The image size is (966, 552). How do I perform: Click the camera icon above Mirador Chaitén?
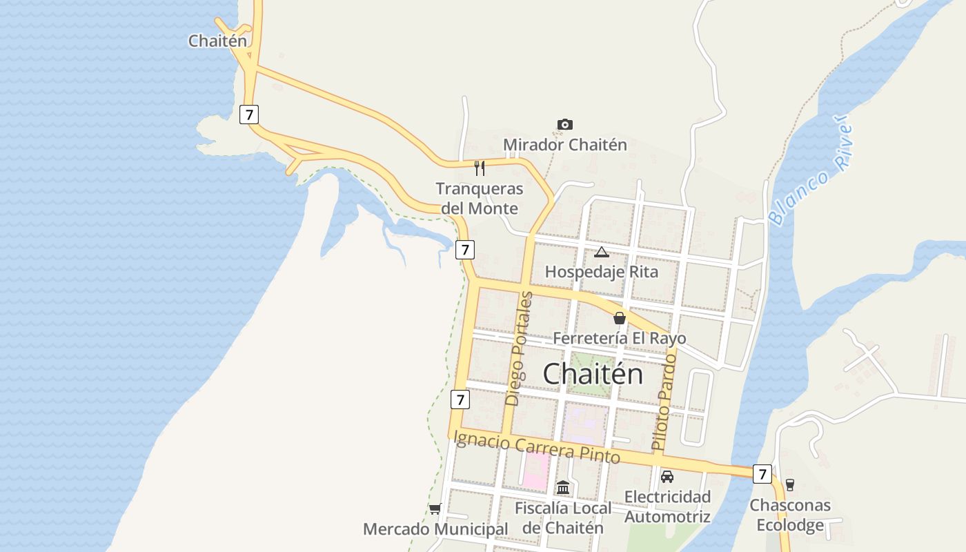[x=564, y=125]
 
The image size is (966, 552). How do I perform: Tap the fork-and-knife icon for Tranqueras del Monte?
[x=480, y=168]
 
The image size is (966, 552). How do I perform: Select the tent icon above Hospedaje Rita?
[x=602, y=253]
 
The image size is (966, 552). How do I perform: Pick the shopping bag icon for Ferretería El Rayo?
[x=620, y=318]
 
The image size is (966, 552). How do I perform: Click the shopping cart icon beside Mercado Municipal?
[x=435, y=509]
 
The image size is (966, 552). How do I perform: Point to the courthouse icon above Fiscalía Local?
[x=563, y=488]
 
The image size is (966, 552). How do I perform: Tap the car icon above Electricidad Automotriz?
[x=667, y=476]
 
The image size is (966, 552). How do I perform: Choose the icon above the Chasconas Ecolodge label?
[x=790, y=485]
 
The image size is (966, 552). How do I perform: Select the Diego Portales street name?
[x=520, y=348]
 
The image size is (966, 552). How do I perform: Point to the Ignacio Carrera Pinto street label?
[x=536, y=446]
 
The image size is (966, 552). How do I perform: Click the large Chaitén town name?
[x=593, y=374]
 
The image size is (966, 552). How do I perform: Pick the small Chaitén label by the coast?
[x=217, y=41]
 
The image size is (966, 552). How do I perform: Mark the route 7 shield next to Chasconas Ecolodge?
[x=762, y=474]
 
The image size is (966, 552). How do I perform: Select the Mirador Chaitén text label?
[x=564, y=145]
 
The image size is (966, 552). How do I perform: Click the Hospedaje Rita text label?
[x=602, y=272]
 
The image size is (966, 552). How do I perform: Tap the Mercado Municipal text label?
[x=435, y=529]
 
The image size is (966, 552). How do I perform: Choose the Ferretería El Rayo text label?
[x=620, y=338]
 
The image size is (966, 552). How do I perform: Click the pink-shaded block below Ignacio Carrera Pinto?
[x=536, y=470]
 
